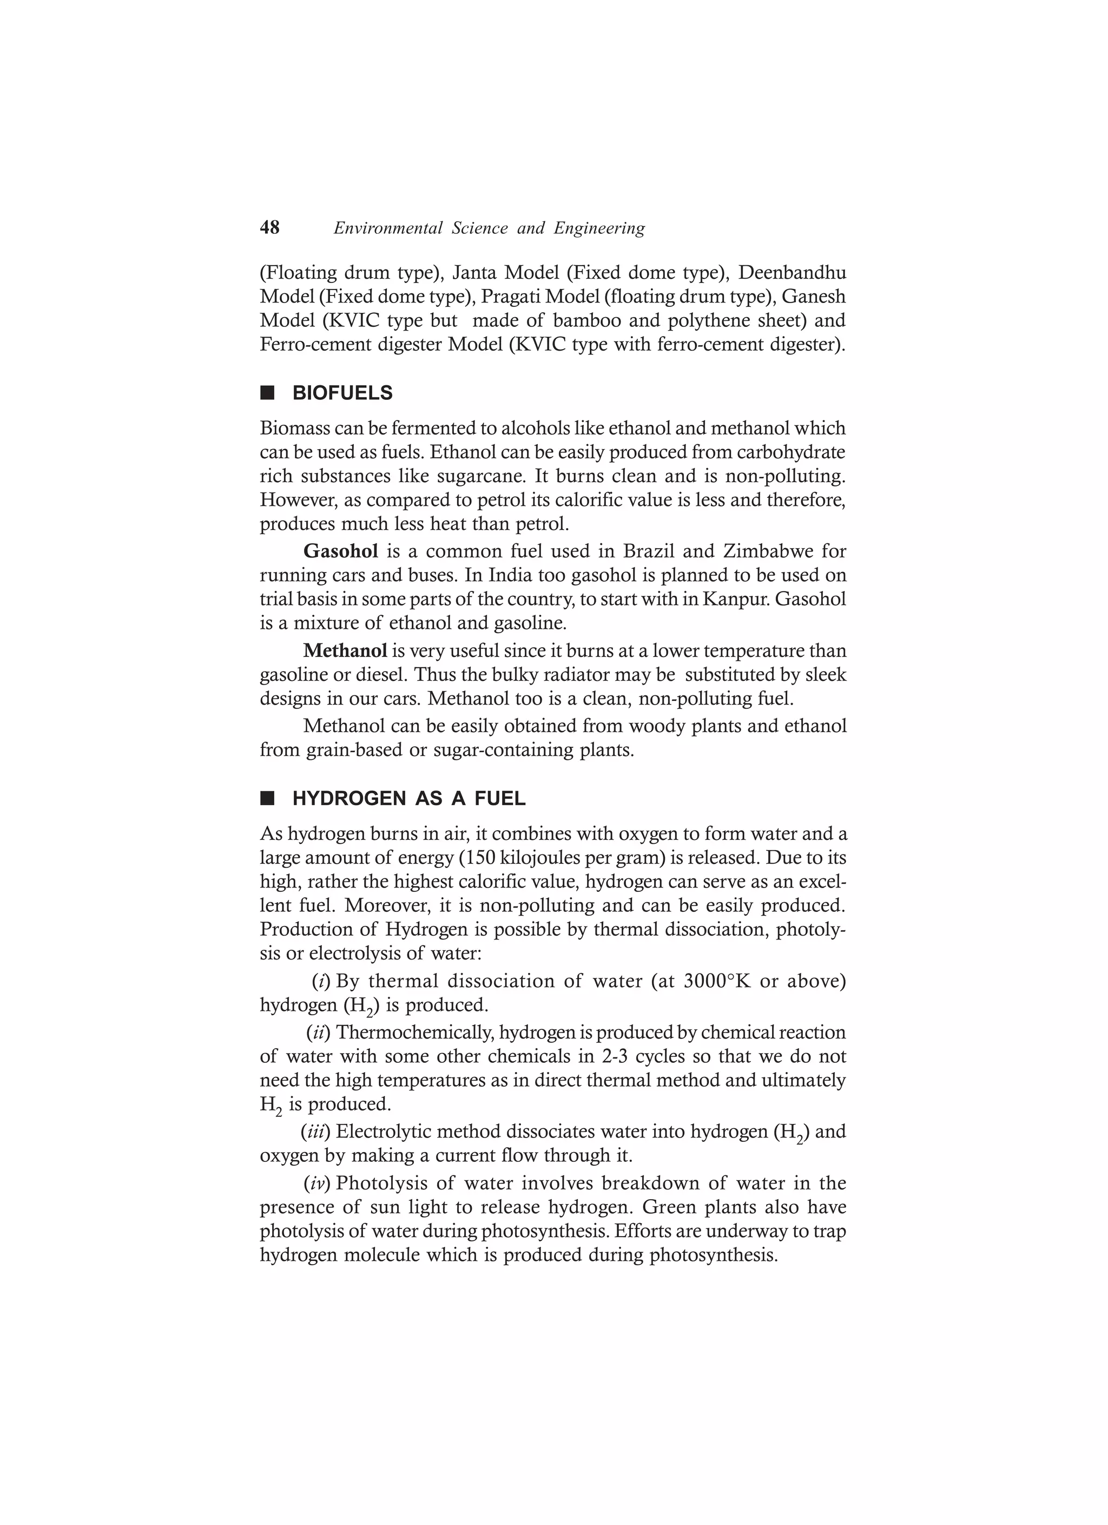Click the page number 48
(269, 228)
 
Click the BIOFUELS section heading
(342, 393)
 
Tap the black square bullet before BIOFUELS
(268, 393)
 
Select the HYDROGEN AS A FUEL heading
(409, 799)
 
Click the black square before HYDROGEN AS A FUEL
(268, 799)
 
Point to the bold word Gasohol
(341, 551)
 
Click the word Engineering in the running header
(599, 228)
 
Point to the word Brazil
(648, 551)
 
